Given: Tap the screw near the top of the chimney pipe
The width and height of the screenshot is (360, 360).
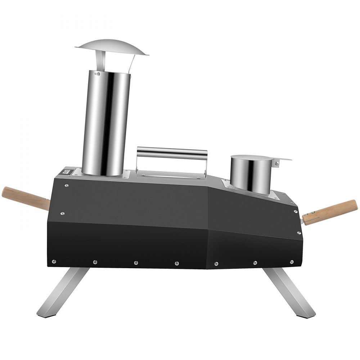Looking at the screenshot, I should tap(96, 74).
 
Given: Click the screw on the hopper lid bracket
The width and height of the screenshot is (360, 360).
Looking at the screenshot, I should tap(276, 164).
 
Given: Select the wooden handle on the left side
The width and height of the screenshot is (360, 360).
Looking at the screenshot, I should tap(25, 198).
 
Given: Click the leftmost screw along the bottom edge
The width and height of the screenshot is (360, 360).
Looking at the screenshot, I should tap(54, 261).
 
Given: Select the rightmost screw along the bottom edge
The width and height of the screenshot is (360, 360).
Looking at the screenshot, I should tap(291, 262).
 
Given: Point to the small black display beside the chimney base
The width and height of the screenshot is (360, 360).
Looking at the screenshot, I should tap(67, 172).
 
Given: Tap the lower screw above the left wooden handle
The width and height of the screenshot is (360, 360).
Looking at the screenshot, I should tap(63, 213).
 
